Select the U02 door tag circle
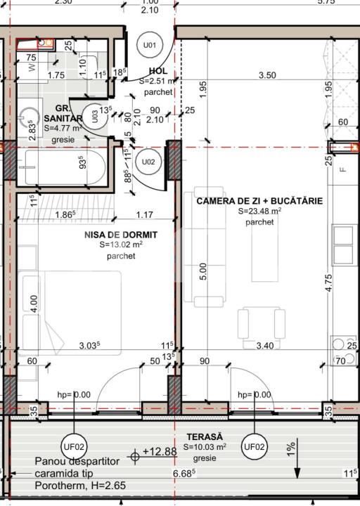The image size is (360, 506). coord(148,162)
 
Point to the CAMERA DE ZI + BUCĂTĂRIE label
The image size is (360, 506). coord(259,201)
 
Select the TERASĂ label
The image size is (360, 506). coord(205,436)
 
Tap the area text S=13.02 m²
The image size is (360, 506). coord(121,245)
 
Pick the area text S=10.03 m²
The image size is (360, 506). coord(205,447)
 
